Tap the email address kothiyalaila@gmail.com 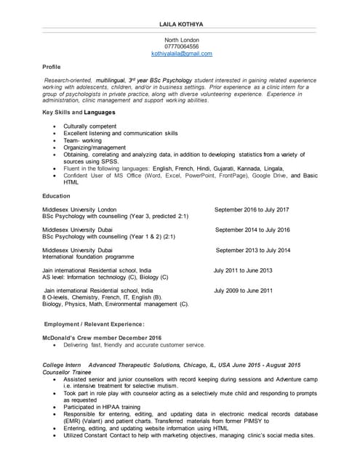click(x=182, y=54)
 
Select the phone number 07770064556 click(x=182, y=46)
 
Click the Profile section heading click(x=52, y=67)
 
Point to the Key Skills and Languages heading click(x=79, y=113)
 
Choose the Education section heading click(x=57, y=196)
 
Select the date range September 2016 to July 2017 click(x=252, y=209)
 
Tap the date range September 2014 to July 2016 click(x=252, y=230)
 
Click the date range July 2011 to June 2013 click(x=243, y=270)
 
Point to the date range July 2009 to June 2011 click(x=243, y=291)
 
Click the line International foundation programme click(x=88, y=257)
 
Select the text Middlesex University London click(x=79, y=209)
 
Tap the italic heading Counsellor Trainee click(x=67, y=372)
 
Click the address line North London click(x=182, y=40)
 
